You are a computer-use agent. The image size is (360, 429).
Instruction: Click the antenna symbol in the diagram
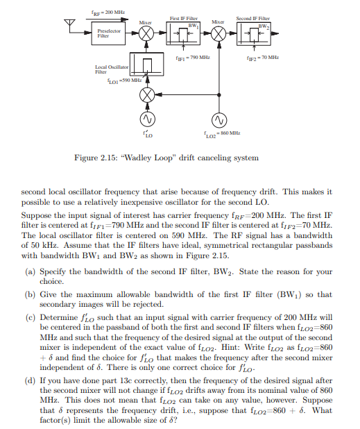click(x=68, y=26)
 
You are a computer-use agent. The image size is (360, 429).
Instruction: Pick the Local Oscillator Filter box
click(x=146, y=67)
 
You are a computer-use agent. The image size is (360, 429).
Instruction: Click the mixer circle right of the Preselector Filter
click(x=146, y=33)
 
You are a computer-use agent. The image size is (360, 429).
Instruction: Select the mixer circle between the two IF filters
click(x=218, y=33)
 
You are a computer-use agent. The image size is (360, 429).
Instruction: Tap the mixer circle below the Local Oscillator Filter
click(x=146, y=94)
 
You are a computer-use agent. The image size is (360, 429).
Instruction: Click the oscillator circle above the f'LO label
click(x=146, y=120)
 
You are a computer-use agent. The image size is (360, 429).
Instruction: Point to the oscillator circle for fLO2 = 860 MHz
click(x=218, y=120)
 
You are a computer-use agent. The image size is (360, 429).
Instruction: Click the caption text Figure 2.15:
click(x=94, y=158)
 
